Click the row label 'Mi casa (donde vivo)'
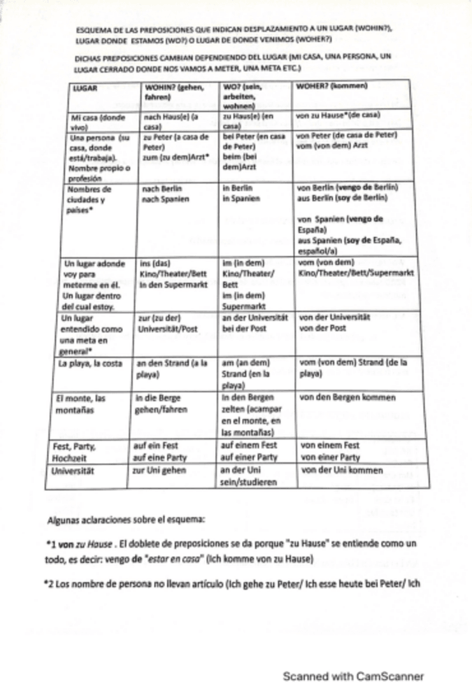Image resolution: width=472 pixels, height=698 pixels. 92,122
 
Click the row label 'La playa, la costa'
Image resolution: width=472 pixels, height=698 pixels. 90,362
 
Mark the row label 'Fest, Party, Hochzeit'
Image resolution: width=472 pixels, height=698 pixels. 76,451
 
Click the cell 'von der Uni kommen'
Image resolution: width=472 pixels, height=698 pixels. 341,471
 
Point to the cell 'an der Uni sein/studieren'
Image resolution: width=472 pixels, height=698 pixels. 252,477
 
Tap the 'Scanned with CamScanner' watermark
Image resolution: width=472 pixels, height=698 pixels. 353,677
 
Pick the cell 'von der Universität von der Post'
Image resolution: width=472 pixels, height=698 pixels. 334,322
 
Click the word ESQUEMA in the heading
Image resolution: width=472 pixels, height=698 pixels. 93,29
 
